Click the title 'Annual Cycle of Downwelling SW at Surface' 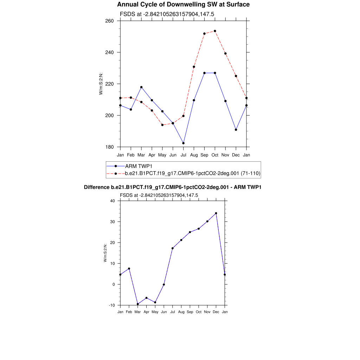pos(183,5)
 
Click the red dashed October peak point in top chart pos(215,31)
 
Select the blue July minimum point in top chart pos(183,143)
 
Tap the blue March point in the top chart pos(141,87)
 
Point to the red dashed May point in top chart pos(162,125)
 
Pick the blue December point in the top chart pos(236,130)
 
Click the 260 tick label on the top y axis pos(110,21)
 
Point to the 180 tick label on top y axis pos(110,147)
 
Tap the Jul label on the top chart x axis pos(183,155)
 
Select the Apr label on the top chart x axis pos(152,155)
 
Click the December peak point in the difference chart pos(216,213)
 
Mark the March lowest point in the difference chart pos(138,304)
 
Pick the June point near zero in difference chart pos(164,284)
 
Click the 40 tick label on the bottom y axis pos(112,201)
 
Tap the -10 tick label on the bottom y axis pos(112,305)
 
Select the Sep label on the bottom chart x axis pos(190,312)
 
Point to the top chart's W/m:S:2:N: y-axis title pos(101,84)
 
